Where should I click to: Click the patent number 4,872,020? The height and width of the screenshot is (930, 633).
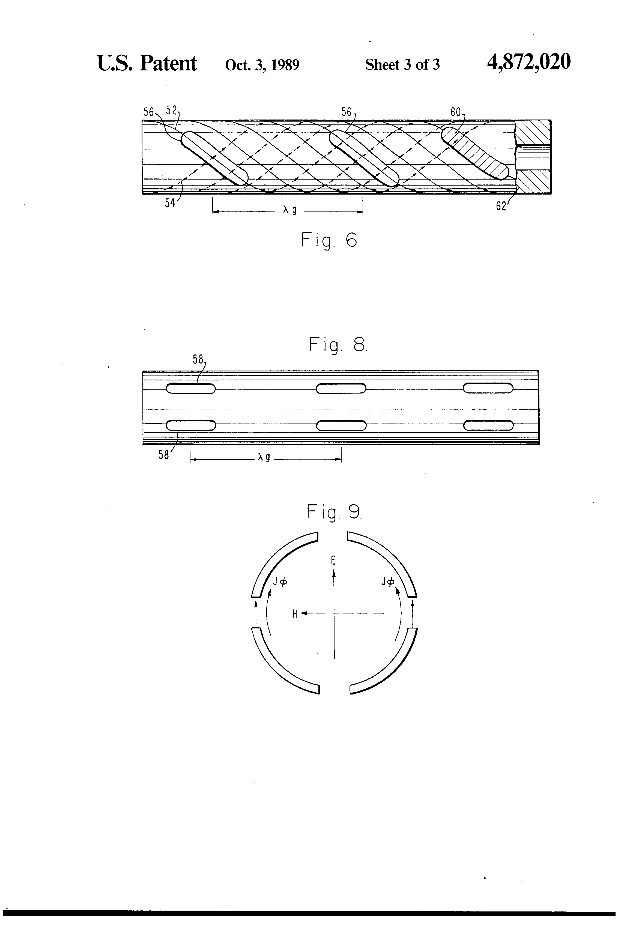coord(528,63)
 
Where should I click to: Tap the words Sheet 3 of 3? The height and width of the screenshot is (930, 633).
coord(402,64)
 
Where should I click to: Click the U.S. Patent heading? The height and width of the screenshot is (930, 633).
coord(147,64)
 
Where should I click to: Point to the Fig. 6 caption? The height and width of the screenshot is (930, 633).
coord(330,240)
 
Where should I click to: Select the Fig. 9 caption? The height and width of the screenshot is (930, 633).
coord(334,512)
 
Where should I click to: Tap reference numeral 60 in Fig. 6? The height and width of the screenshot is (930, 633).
coord(455,112)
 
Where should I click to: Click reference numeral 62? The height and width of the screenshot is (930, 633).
coord(501,207)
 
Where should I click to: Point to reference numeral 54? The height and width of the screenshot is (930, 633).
coord(170,203)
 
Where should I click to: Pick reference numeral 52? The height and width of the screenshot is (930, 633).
coord(171,111)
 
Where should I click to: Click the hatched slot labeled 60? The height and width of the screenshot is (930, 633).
coord(475,153)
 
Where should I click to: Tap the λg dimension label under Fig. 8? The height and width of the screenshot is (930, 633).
coord(264,457)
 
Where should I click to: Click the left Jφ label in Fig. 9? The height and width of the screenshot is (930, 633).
coord(280,582)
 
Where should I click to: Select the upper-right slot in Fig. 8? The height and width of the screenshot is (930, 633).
coord(488,388)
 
